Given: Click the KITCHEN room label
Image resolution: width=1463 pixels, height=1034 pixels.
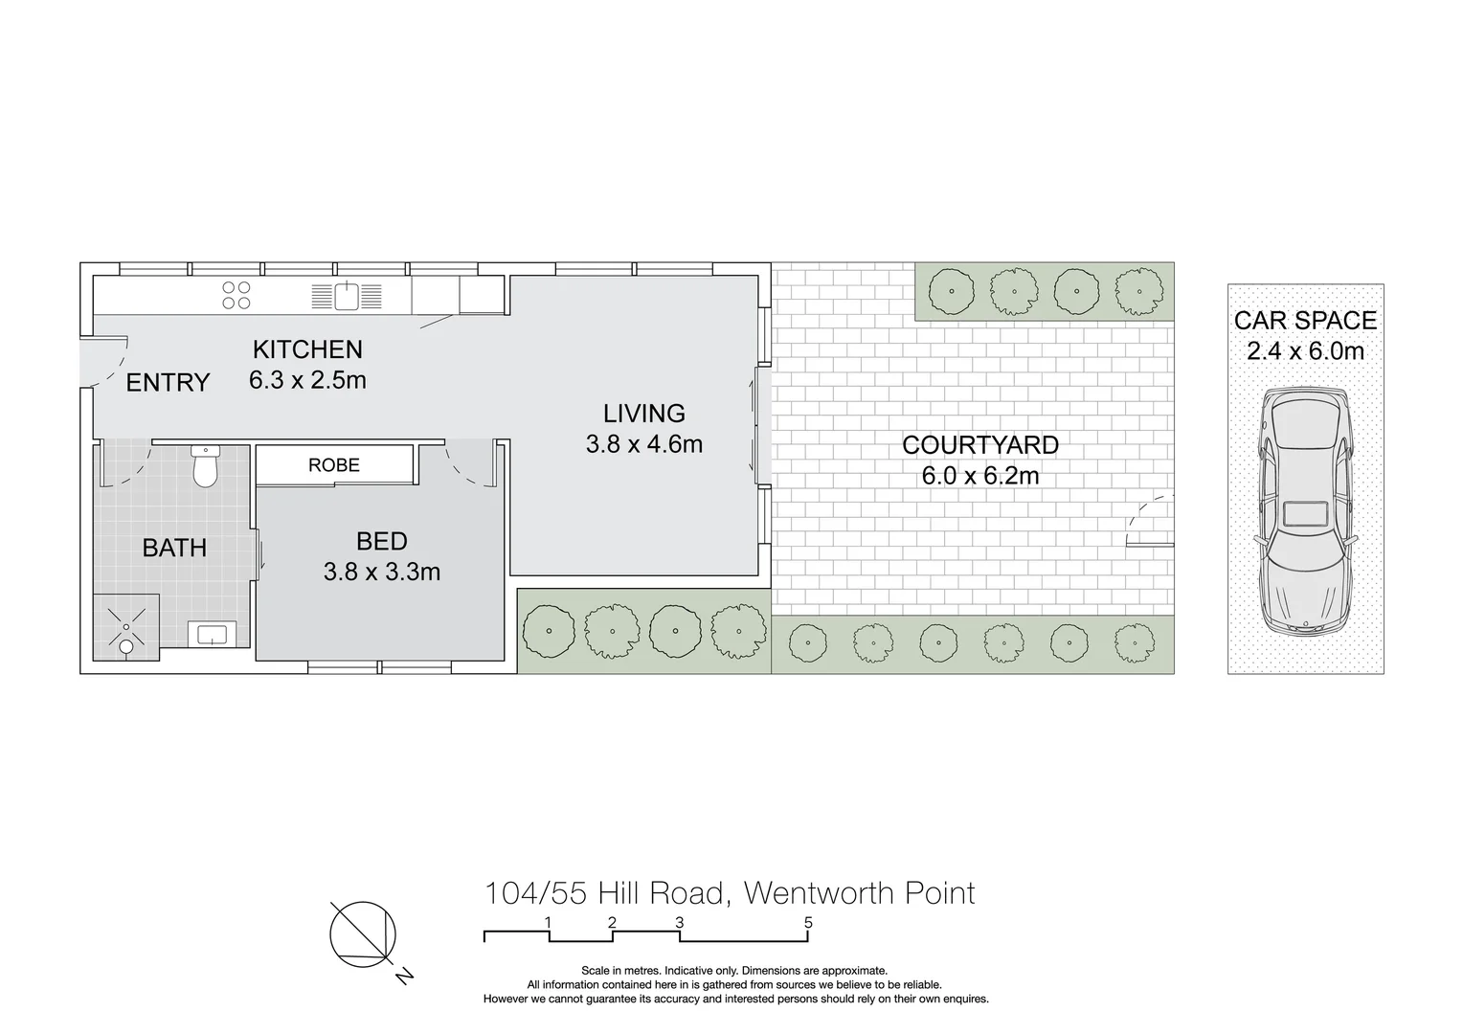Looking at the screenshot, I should (x=307, y=349).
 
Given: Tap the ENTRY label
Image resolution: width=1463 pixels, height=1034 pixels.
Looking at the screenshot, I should (x=168, y=383).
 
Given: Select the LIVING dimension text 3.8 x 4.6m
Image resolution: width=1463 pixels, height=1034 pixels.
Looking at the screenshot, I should (x=644, y=444).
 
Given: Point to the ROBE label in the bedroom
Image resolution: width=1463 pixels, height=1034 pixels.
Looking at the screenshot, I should (x=334, y=465).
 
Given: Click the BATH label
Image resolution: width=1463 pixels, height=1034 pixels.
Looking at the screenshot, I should (x=174, y=548).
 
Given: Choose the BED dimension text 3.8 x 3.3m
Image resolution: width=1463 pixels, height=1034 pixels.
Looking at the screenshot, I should (x=382, y=573).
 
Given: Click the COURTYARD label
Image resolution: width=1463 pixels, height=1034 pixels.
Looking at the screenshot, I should (x=980, y=445).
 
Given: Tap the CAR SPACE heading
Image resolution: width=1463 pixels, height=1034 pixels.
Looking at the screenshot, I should (x=1305, y=321).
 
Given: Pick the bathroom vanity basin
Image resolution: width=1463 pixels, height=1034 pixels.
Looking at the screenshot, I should (x=212, y=634).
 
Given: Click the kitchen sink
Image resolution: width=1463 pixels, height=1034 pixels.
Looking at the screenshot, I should (x=346, y=296).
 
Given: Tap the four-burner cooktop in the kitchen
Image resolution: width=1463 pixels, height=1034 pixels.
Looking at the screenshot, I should (x=236, y=295).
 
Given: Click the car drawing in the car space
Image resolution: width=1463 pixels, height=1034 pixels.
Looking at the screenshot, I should (x=1305, y=512).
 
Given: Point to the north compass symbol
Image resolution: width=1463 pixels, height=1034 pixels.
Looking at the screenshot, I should (x=364, y=934).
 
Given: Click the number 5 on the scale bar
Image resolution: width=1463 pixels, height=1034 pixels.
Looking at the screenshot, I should (x=808, y=923).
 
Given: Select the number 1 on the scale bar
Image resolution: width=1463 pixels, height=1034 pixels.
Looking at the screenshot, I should (x=548, y=923).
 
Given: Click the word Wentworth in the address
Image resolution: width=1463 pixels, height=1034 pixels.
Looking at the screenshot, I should (x=821, y=893).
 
